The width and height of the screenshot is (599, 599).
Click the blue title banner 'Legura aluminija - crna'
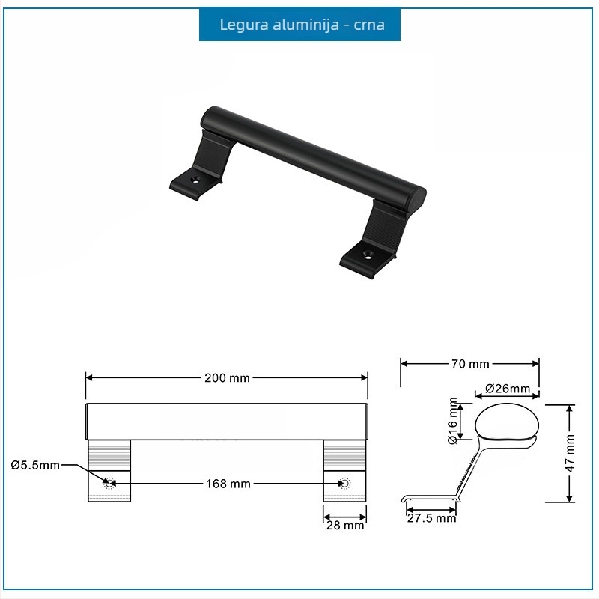pos(299,24)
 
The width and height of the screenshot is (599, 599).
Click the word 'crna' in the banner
pos(369,25)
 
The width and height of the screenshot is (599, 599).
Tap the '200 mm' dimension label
pos(227,378)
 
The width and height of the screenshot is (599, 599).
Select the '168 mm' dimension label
pos(228,484)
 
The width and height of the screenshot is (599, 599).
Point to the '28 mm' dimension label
pos(345,526)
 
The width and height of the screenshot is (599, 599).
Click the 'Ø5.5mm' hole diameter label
pos(35,465)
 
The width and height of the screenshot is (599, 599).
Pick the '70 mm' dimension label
pos(470,364)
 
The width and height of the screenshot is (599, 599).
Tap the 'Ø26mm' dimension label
pos(508,389)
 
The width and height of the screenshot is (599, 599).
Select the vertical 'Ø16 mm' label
pos(452,421)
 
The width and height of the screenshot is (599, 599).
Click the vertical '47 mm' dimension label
pos(569,453)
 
